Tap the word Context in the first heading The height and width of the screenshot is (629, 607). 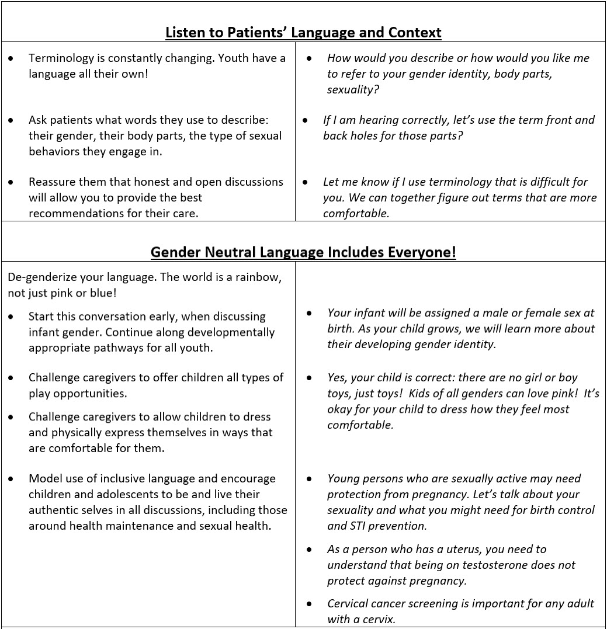[415, 32]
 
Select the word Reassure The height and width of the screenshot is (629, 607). [54, 182]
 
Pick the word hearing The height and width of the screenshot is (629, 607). [379, 120]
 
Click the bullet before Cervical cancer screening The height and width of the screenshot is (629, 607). [310, 604]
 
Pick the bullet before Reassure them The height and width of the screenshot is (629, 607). [12, 182]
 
